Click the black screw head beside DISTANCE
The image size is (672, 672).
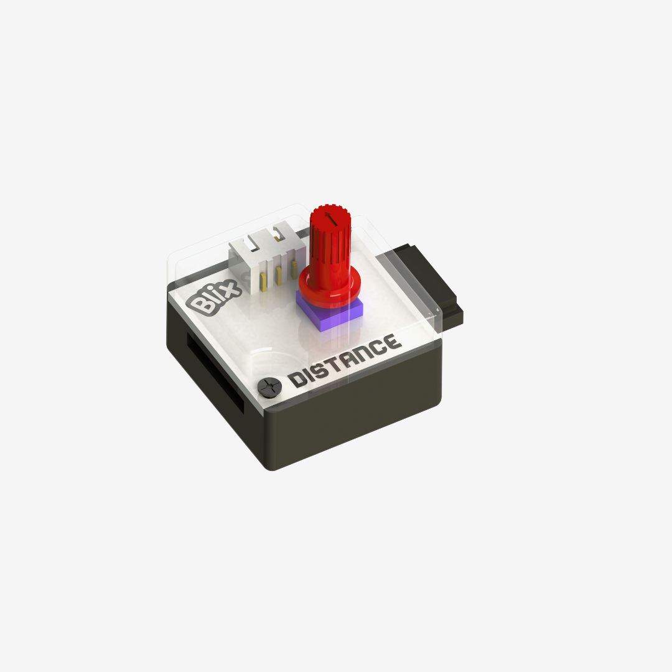(268, 387)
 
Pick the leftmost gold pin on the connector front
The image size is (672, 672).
(265, 281)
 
